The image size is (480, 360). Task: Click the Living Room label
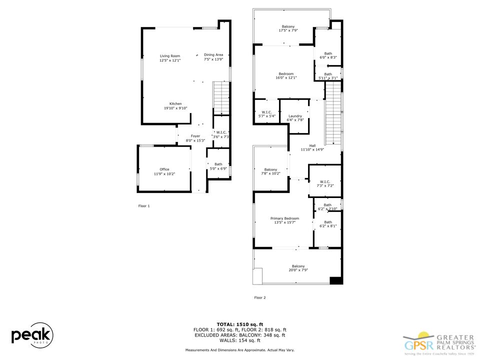170,56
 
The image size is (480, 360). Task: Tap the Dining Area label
213,55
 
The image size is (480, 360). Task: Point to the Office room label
164,169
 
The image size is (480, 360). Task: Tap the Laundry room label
295,116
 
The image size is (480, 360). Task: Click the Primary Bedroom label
284,218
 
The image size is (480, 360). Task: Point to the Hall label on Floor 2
312,146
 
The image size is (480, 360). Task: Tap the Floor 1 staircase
220,98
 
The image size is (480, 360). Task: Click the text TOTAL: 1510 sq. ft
239,324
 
